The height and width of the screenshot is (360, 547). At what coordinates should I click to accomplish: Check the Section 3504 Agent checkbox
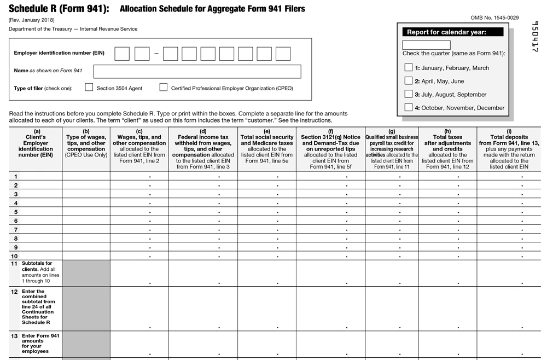tap(89, 87)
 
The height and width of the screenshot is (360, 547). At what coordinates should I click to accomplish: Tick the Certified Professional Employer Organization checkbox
tap(163, 87)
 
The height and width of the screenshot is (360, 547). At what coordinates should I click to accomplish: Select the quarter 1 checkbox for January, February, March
tap(408, 67)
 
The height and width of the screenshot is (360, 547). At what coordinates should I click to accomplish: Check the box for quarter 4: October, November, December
tap(408, 107)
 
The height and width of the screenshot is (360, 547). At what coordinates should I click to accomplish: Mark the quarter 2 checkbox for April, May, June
tap(408, 81)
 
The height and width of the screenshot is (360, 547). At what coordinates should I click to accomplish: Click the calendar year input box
tap(426, 45)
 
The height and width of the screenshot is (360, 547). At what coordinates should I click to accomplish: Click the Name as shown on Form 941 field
tap(197, 71)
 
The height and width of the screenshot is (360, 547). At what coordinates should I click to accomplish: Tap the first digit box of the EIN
tap(122, 54)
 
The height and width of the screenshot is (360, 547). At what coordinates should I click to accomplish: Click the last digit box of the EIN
tap(283, 54)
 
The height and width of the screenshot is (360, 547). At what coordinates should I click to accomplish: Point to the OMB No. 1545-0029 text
tap(494, 19)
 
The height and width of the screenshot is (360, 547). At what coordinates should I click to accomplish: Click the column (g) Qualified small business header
tap(392, 149)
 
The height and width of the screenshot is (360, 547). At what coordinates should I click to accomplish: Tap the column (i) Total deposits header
tap(509, 149)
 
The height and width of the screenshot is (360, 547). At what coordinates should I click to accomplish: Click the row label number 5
tap(16, 212)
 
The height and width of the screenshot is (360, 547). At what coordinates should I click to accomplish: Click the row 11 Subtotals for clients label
tap(37, 272)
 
